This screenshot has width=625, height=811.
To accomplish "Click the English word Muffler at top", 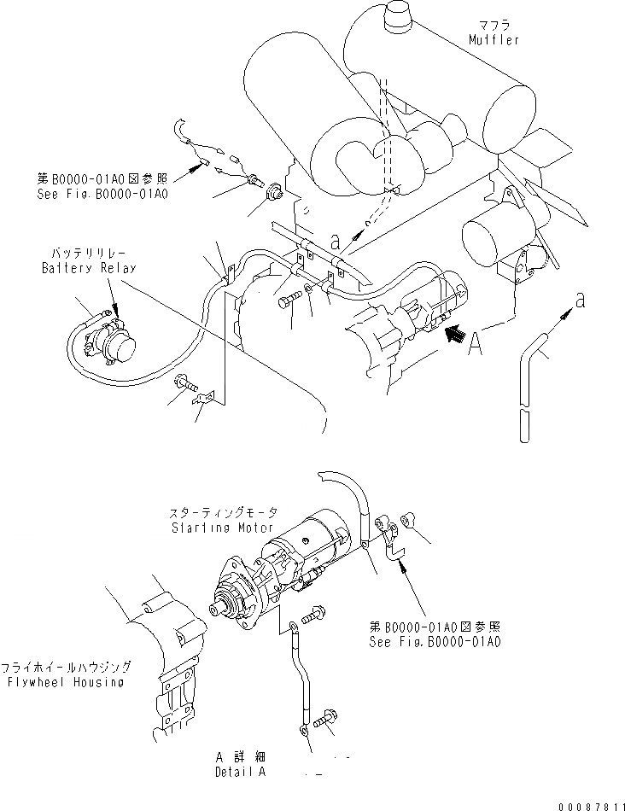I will pyautogui.click(x=493, y=40).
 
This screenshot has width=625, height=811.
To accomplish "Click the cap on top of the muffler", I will pyautogui.click(x=400, y=16).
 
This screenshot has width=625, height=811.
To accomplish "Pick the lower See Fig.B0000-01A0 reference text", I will pyautogui.click(x=435, y=640).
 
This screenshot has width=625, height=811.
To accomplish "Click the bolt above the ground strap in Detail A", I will pyautogui.click(x=312, y=610).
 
